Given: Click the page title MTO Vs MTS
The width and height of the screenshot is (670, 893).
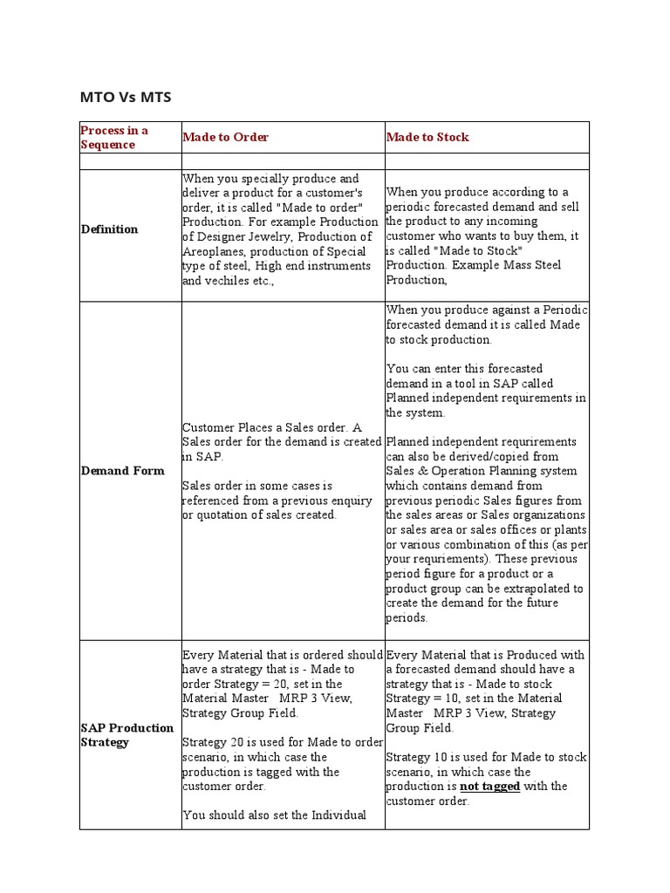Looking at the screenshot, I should pos(126,97).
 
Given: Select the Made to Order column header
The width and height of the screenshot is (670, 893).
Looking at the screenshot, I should pos(225,137).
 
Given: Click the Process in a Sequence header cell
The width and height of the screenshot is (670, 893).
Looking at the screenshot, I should pos(114,137).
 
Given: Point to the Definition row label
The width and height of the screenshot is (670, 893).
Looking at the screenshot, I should pos(109,229).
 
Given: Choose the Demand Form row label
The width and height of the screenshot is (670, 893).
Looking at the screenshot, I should pos(122,471).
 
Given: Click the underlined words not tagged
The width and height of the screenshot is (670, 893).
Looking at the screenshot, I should pos(489,787).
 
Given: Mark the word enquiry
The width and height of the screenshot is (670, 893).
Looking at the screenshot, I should pos(351,501).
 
